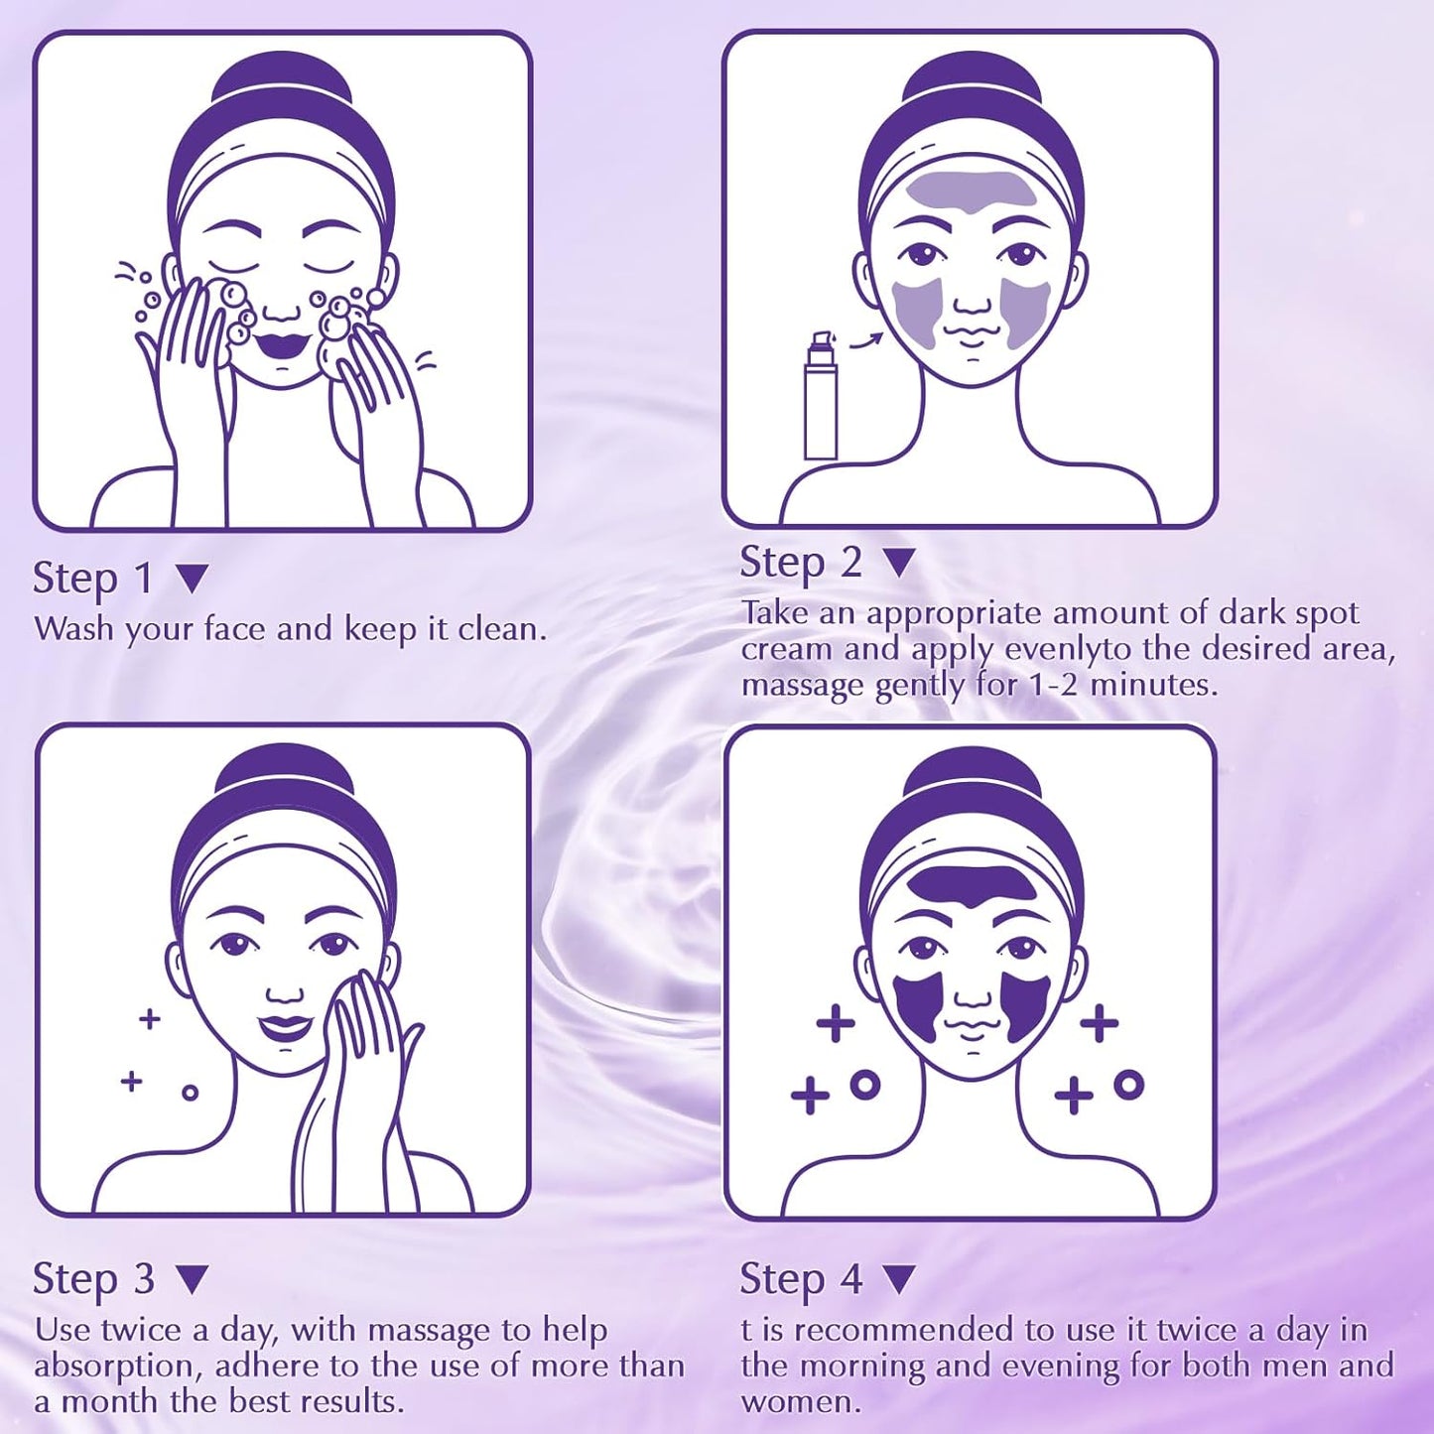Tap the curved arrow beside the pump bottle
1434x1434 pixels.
pos(865,341)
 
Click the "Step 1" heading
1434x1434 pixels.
pos(92,579)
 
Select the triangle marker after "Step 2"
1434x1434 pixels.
pos(900,564)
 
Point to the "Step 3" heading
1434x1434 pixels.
pos(93,1279)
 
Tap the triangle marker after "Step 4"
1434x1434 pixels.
pos(899,1279)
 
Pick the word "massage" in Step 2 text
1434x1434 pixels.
pos(804,686)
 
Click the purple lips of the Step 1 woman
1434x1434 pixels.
pos(278,345)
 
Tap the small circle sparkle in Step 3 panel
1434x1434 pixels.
pos(191,1093)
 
